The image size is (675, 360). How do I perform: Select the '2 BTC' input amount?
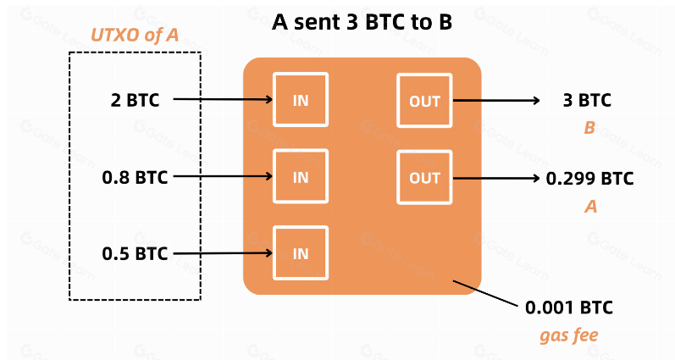point(135,100)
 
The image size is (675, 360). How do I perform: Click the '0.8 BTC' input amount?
point(135,177)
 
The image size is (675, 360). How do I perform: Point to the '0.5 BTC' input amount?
point(135,252)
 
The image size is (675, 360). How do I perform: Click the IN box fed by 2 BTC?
point(301,101)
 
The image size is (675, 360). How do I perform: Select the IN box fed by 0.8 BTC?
point(301,177)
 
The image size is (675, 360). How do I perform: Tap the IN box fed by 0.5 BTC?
point(301,253)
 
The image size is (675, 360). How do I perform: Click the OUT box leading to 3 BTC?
point(424,101)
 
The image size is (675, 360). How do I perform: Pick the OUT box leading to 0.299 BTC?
point(424,177)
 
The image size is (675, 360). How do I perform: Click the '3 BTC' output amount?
point(587,100)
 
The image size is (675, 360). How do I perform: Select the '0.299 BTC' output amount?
point(589,178)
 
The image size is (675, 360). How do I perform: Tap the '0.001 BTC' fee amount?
point(568,307)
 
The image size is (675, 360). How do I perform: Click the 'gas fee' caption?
point(568,335)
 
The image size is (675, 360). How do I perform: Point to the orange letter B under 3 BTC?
point(589,129)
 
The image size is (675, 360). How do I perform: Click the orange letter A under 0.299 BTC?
point(591,206)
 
